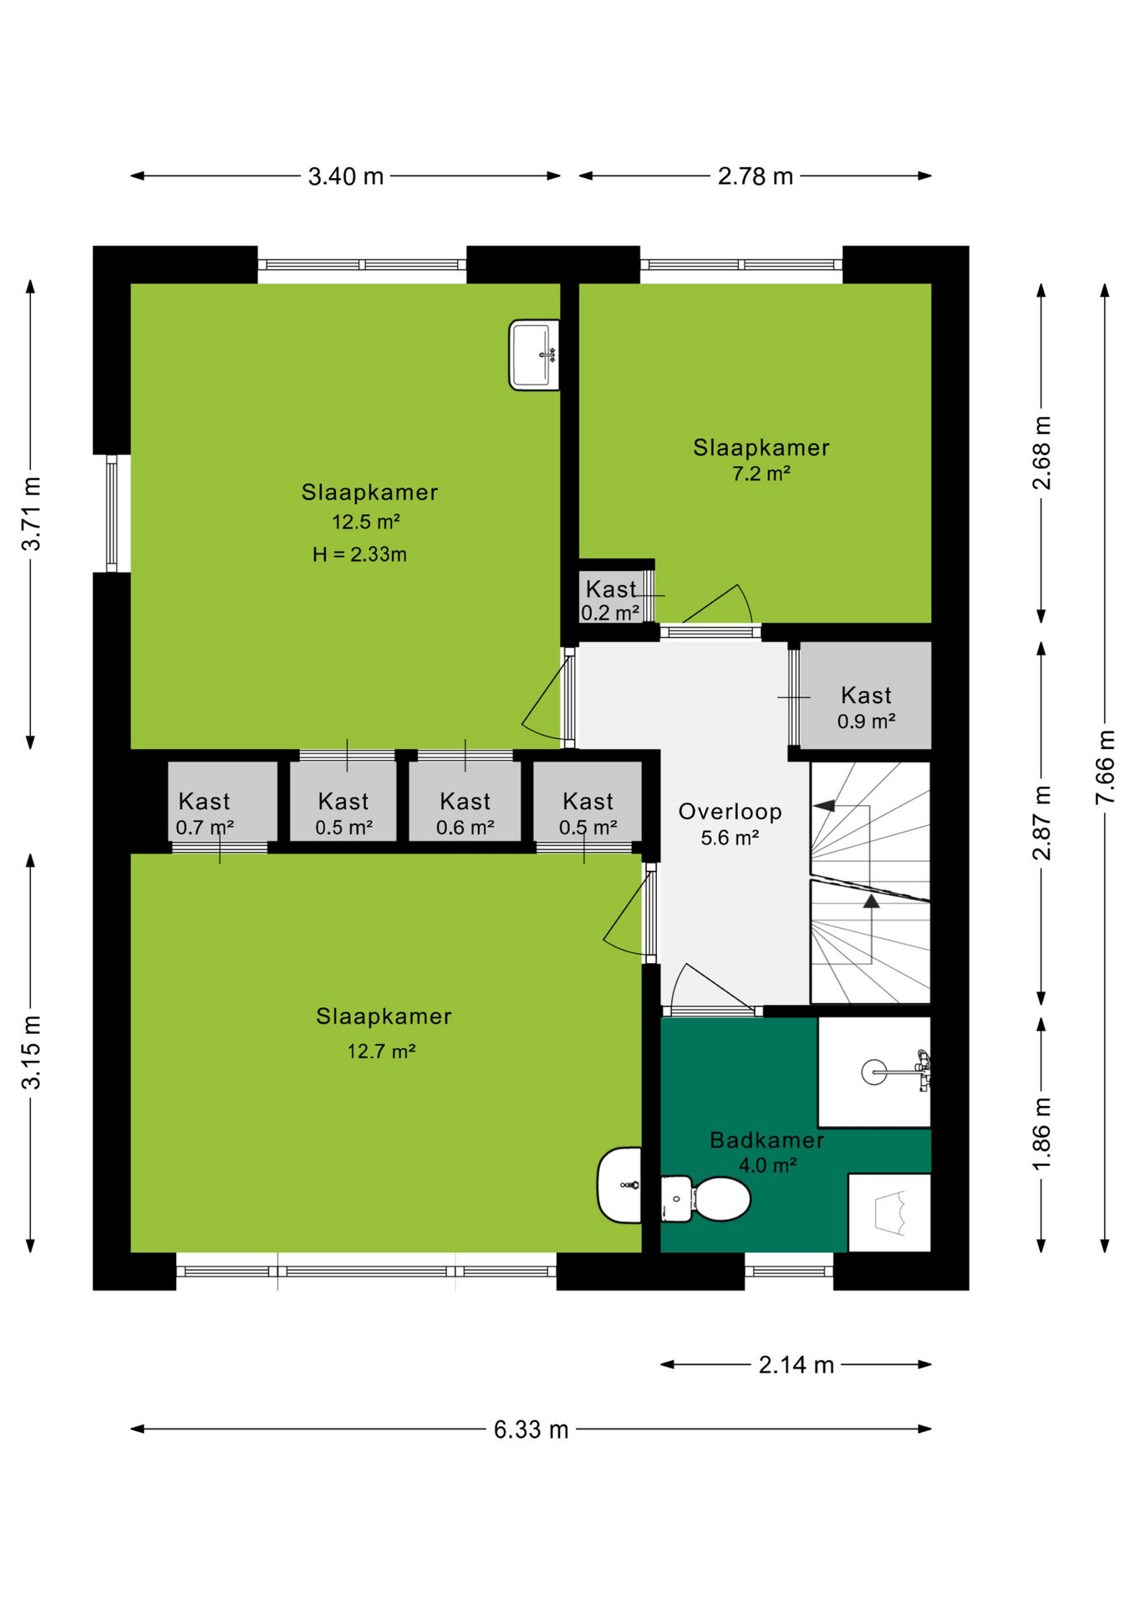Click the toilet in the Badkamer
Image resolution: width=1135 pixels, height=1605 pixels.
point(705,1199)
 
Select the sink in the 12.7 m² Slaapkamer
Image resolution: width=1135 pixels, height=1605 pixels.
point(619,1185)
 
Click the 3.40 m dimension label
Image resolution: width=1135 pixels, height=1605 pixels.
point(346,176)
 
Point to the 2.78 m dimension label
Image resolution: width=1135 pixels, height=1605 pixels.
point(756,176)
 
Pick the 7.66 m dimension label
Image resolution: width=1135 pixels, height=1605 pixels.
point(1105,767)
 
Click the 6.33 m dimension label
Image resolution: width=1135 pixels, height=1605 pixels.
point(531,1429)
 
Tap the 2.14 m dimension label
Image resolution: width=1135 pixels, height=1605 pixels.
point(797,1365)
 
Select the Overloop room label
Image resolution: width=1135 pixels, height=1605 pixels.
point(730,812)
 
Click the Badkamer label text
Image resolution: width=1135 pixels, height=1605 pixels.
point(767,1140)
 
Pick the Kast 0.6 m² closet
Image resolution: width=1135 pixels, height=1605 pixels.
point(465,802)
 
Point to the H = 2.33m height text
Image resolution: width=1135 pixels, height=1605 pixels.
point(359,554)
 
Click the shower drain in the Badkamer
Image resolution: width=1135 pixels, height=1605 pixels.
point(874,1072)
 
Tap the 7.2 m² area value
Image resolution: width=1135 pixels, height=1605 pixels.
point(761,474)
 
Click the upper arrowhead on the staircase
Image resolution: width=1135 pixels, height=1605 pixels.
point(825,806)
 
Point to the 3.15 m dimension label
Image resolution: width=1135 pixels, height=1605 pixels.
point(31,1052)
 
